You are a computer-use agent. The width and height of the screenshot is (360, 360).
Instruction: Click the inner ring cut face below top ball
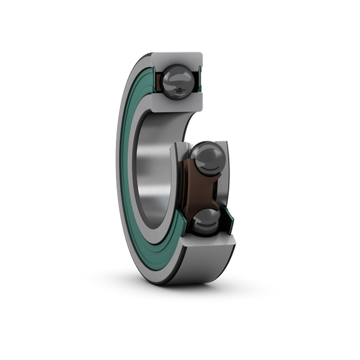177,103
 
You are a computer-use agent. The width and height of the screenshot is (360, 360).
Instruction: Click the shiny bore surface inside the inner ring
151,173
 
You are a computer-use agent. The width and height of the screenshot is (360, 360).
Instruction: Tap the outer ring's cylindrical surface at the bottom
202,266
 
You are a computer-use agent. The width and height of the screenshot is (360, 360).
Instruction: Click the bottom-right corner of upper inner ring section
202,108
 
